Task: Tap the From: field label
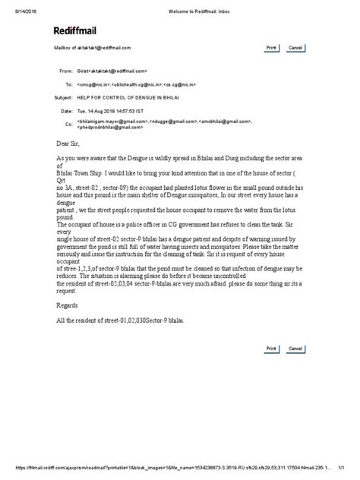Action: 65,69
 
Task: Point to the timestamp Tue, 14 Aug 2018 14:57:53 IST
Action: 113,111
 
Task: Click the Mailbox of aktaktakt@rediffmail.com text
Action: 88,47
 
